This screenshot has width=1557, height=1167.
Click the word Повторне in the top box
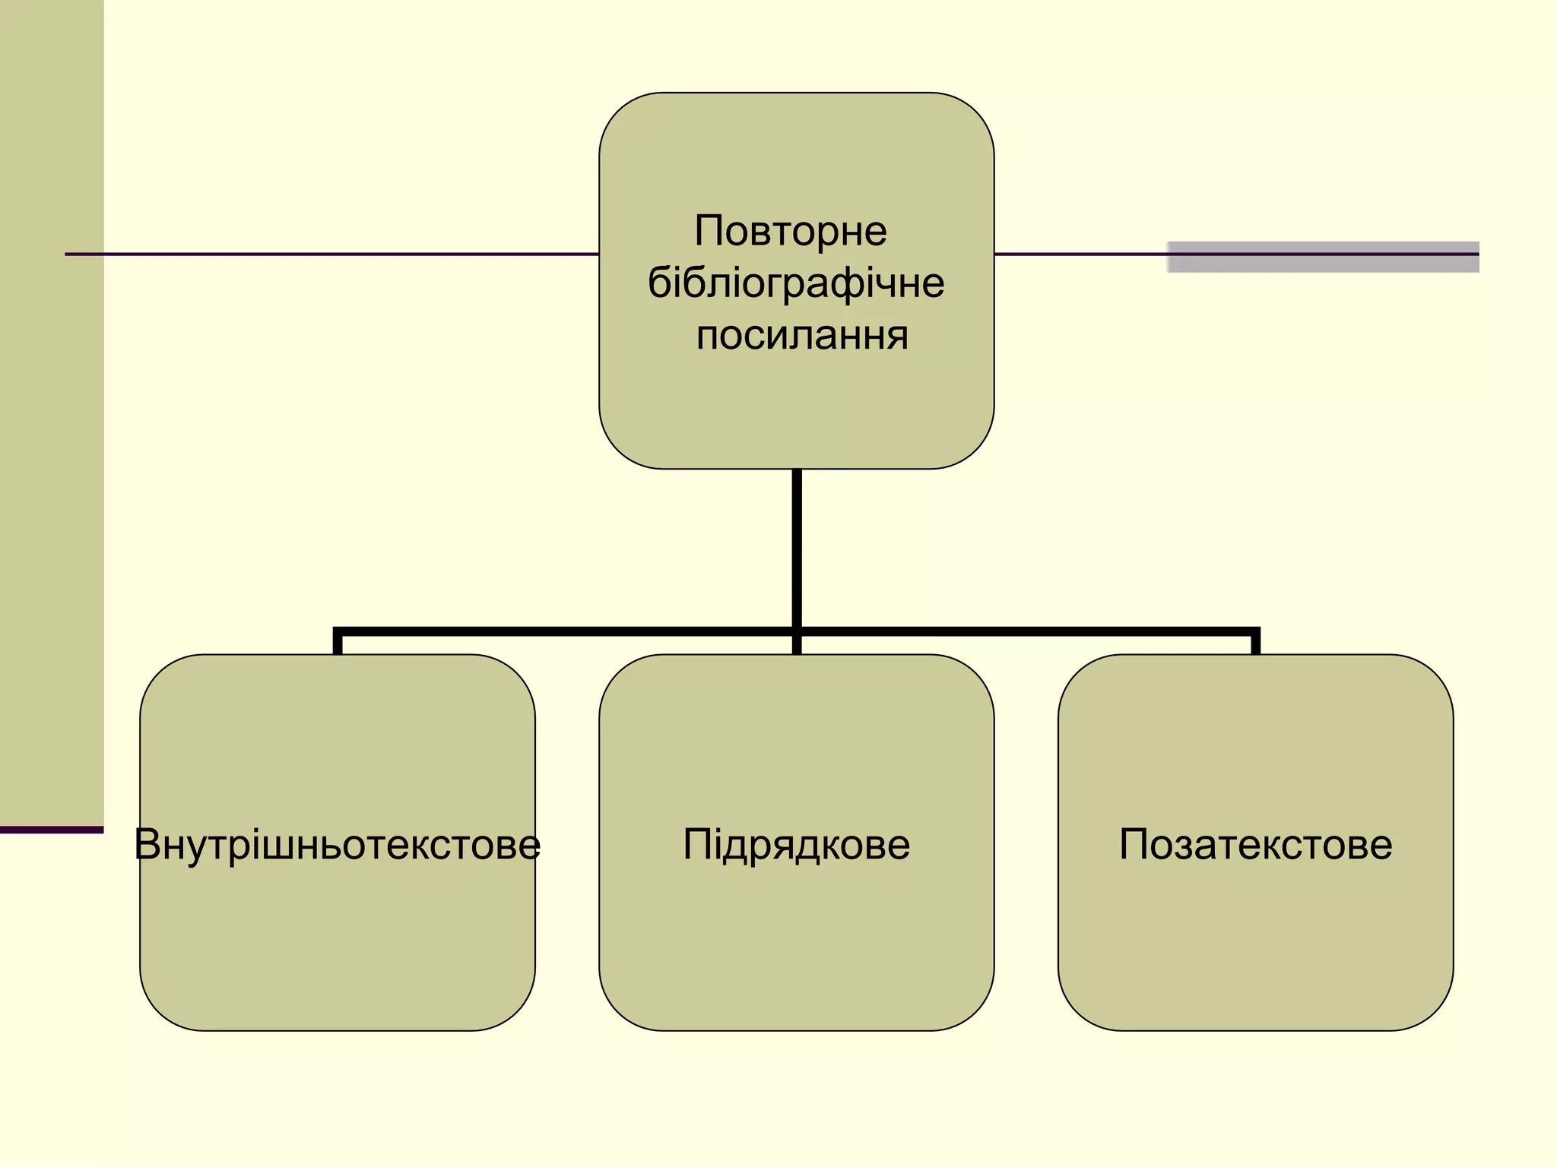(x=791, y=231)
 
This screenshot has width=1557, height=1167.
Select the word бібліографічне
(x=796, y=283)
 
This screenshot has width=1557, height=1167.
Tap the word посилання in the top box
(x=801, y=335)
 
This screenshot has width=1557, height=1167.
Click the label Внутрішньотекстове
(x=338, y=844)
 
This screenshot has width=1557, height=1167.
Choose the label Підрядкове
(x=796, y=844)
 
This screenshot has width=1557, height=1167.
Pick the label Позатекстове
(x=1255, y=844)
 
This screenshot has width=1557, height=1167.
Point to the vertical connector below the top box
(x=797, y=547)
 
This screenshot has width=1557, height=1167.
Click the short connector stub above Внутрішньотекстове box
(x=338, y=643)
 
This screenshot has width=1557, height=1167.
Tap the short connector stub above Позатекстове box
(x=1255, y=643)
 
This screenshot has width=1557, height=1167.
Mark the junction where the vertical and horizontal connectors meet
(x=797, y=631)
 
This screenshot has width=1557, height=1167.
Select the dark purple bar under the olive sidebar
(x=51, y=830)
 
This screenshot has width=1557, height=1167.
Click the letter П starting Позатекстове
(x=1134, y=844)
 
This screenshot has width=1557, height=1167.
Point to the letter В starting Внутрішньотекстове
(x=148, y=844)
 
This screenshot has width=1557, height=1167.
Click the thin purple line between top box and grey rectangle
(x=1080, y=254)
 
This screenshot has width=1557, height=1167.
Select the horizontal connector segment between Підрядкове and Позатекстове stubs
(x=1026, y=631)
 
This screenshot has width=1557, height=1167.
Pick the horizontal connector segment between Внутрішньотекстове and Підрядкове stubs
(x=566, y=631)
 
